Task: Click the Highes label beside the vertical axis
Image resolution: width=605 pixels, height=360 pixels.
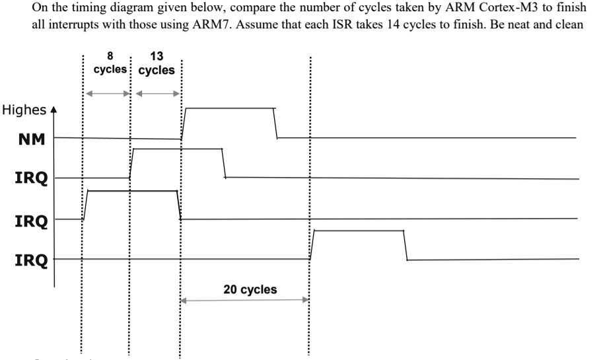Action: click(x=24, y=110)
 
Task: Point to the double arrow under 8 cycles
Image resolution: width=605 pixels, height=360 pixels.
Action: click(x=107, y=93)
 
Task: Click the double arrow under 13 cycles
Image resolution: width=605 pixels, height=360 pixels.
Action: click(x=157, y=93)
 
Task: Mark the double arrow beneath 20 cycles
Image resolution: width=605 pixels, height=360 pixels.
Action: click(x=245, y=301)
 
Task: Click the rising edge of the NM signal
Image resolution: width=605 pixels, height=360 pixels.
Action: click(x=184, y=123)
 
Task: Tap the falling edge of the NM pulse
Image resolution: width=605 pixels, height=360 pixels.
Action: click(x=275, y=123)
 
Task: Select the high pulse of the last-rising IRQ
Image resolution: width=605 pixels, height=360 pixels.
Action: click(x=358, y=231)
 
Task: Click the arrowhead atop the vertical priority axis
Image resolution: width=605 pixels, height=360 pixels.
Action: click(x=54, y=111)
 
